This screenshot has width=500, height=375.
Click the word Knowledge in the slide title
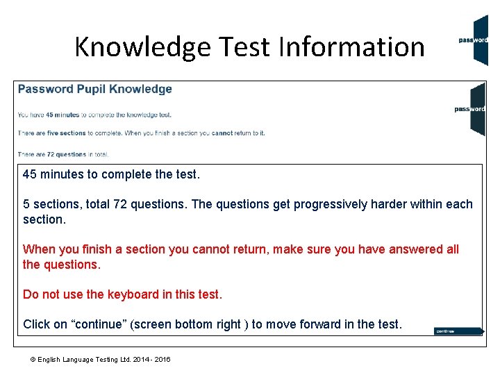click(x=142, y=47)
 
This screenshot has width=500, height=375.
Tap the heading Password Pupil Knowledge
click(x=95, y=89)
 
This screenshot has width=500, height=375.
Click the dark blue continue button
click(x=458, y=331)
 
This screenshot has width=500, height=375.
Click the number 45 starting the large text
click(x=30, y=174)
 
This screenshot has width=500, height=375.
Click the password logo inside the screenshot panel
click(x=470, y=109)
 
